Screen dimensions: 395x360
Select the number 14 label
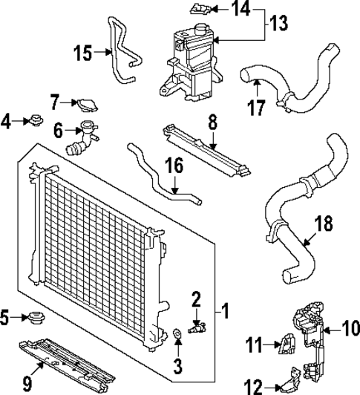tap(241, 10)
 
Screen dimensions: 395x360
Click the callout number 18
tap(324, 223)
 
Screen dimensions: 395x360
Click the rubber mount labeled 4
tap(33, 119)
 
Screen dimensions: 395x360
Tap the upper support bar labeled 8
tap(204, 148)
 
